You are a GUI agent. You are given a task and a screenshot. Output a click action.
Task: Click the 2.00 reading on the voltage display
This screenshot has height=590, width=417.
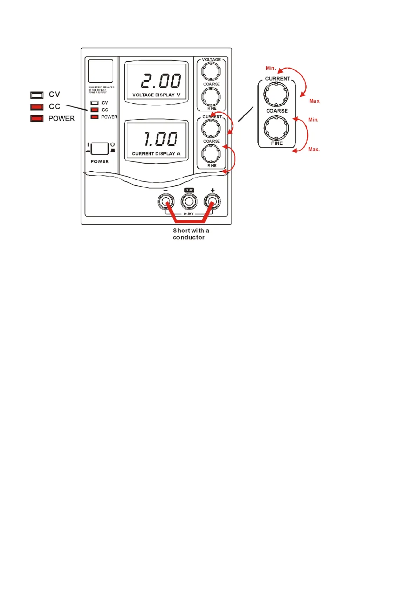[x=161, y=81]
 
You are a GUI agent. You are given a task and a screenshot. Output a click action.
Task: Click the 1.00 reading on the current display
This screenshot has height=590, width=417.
[x=161, y=139]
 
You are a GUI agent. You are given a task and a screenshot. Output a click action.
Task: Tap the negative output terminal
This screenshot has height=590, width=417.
[x=166, y=201]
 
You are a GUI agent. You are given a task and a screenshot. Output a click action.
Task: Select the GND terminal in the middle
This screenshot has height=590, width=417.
[x=189, y=201]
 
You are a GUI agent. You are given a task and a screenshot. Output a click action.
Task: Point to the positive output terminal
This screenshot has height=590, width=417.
[x=212, y=201]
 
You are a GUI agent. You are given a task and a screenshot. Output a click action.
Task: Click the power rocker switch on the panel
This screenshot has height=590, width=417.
[x=100, y=149]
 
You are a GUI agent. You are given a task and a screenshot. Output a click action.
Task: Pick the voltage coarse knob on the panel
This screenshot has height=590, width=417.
[x=211, y=71]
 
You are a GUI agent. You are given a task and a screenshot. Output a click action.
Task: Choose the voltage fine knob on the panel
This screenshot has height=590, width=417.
[x=211, y=96]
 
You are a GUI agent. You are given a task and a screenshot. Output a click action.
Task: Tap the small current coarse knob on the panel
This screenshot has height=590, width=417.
[x=211, y=129]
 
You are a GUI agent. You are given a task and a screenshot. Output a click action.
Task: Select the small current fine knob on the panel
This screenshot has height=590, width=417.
[x=211, y=153]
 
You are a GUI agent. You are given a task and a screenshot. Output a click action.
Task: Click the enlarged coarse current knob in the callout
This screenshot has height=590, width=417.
[x=276, y=95]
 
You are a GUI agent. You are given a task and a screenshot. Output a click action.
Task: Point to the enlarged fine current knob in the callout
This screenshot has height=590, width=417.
[x=276, y=128]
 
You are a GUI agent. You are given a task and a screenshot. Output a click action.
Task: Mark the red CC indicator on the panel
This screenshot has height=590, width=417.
[x=95, y=110]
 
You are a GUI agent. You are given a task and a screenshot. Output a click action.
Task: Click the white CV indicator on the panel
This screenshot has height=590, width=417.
[x=95, y=103]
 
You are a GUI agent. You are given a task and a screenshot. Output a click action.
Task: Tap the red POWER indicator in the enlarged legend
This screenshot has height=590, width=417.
[x=37, y=118]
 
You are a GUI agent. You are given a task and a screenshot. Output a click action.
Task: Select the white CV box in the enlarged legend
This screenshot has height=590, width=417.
[x=37, y=95]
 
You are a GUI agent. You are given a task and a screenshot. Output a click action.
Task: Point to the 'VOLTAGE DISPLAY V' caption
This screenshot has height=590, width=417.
[x=156, y=95]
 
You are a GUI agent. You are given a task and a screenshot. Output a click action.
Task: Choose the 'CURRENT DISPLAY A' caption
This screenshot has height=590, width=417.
[x=156, y=153]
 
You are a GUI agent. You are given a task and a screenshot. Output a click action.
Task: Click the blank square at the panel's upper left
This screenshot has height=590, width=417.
[x=101, y=71]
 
